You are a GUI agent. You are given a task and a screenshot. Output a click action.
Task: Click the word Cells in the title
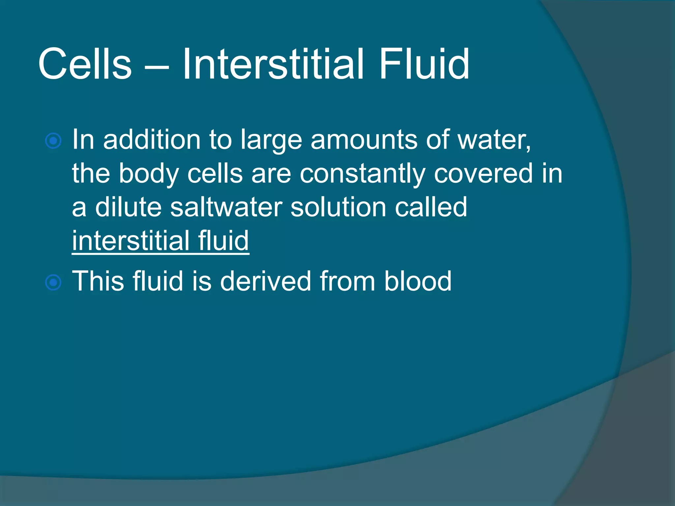[85, 64]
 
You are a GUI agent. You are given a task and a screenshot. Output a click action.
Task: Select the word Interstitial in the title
[273, 64]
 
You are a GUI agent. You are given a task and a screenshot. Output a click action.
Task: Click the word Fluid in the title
[424, 64]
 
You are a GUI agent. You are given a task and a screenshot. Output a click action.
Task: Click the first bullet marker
[53, 141]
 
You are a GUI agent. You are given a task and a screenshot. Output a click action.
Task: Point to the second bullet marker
[53, 282]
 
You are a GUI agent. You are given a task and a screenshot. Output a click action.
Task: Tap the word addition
[152, 140]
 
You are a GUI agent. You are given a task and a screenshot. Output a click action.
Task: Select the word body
[148, 174]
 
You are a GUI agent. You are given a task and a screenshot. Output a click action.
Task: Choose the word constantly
[363, 174]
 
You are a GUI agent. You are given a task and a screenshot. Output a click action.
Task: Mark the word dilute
[128, 207]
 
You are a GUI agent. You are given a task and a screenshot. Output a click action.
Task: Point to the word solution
[338, 207]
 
